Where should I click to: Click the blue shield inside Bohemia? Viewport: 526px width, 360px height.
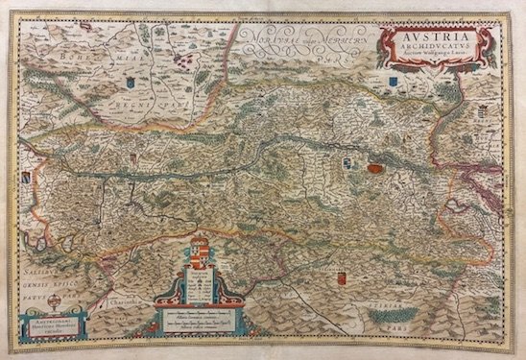(x=127, y=83)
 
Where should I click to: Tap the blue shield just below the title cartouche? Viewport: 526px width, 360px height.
(x=394, y=88)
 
